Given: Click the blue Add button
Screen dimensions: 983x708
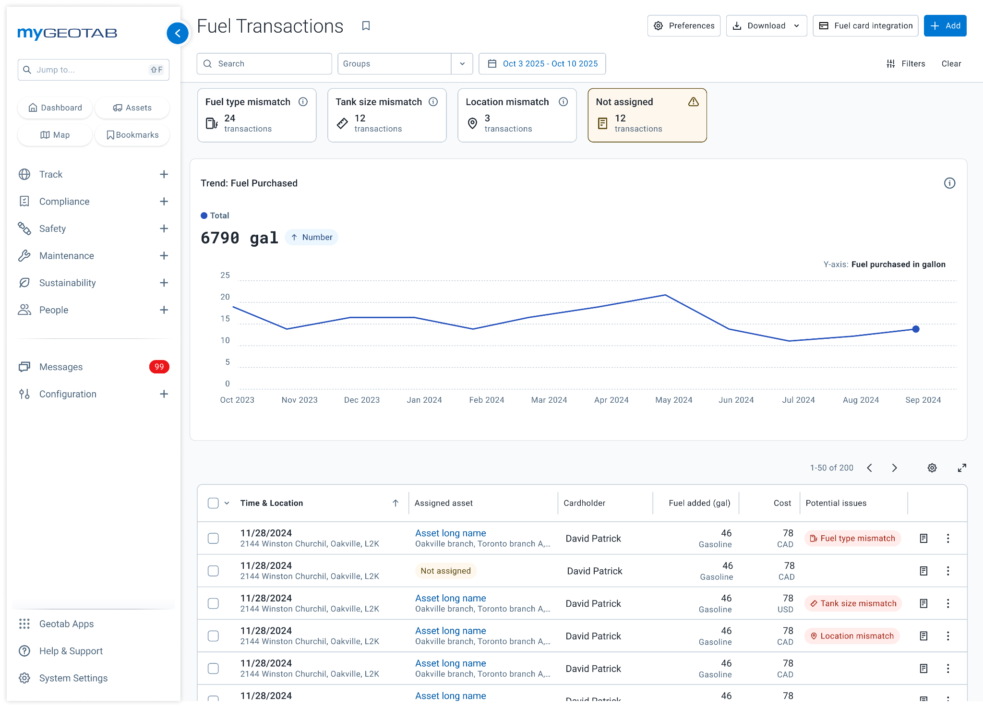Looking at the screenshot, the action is [x=945, y=26].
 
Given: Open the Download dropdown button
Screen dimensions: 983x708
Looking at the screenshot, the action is [x=766, y=26].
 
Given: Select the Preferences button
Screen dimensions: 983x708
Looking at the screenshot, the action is [x=683, y=26].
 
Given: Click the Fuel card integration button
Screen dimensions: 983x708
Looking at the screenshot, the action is [x=865, y=26].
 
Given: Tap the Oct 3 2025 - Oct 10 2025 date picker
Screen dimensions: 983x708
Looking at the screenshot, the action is [x=542, y=64].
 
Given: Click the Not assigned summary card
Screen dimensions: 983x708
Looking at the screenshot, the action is [x=647, y=115].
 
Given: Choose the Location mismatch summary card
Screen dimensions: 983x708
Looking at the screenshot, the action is [x=517, y=115].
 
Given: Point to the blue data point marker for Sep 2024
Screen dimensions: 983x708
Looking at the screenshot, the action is [x=916, y=329].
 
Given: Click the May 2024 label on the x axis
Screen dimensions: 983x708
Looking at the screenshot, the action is [x=673, y=400].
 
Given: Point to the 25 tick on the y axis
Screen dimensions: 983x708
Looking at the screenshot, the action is [x=225, y=276].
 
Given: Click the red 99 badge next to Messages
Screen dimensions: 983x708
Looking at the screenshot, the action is [x=159, y=367].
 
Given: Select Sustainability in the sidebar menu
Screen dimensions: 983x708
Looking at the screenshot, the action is [x=68, y=283].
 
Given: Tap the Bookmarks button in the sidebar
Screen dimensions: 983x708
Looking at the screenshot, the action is [x=132, y=135].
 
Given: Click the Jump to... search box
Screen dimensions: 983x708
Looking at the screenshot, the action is [x=94, y=70].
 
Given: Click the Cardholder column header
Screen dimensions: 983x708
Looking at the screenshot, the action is [x=584, y=503].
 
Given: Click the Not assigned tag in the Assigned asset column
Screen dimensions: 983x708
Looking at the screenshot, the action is [x=445, y=571].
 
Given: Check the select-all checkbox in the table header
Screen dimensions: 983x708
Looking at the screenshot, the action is [x=213, y=503].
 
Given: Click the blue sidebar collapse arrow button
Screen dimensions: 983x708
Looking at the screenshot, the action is [x=178, y=33].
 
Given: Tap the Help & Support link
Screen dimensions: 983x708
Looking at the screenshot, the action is [x=71, y=651].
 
